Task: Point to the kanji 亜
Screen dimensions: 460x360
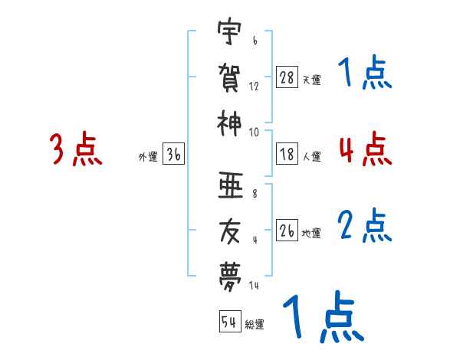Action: point(230,186)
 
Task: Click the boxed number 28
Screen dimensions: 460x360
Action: point(287,78)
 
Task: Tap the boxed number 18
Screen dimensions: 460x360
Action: point(287,155)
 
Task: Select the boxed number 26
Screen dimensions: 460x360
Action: point(287,231)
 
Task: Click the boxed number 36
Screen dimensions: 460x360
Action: point(173,155)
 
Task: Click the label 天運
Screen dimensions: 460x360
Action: point(311,80)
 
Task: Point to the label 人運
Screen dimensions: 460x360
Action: point(311,156)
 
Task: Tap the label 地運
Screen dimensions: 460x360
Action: point(311,232)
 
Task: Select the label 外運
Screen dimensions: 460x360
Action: point(148,156)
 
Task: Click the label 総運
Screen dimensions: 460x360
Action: point(255,323)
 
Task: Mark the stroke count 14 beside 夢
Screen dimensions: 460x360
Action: point(254,286)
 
